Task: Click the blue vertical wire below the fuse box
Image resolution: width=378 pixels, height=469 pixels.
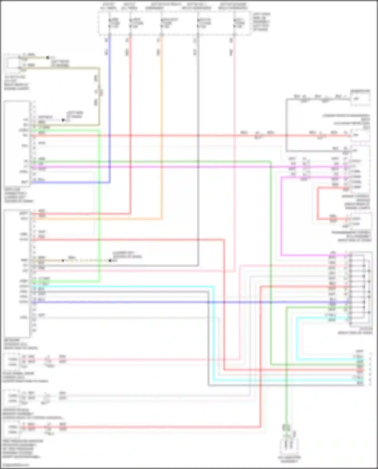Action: click(x=109, y=101)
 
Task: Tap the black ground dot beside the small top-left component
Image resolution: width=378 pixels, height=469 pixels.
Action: click(x=48, y=57)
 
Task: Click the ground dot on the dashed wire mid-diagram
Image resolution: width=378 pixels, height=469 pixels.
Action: click(x=110, y=260)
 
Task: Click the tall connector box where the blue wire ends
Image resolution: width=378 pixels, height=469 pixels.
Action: click(x=17, y=144)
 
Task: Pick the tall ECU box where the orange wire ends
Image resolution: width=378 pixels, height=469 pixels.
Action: click(x=17, y=272)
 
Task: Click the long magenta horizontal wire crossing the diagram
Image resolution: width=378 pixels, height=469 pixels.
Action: click(x=176, y=167)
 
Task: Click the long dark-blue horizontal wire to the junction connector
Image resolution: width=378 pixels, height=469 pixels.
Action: click(x=176, y=302)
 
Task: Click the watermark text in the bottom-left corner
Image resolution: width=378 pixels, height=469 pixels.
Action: click(x=15, y=465)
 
